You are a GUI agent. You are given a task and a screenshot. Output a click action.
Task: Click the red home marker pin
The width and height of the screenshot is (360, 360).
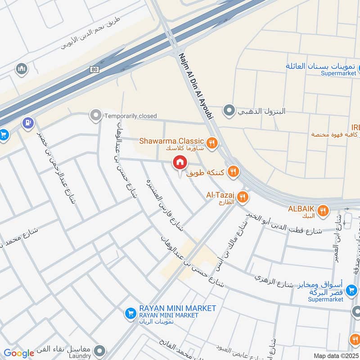180,162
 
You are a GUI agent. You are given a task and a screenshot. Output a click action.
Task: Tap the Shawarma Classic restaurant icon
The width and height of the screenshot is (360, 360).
212,144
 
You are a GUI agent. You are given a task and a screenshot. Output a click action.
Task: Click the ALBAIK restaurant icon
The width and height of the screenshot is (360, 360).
323,210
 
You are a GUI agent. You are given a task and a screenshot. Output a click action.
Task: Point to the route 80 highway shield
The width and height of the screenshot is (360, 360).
94,69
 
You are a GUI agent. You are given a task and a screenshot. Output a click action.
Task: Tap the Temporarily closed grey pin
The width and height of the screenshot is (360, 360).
95,116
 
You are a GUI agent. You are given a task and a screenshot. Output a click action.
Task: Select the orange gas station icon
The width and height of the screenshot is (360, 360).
28,122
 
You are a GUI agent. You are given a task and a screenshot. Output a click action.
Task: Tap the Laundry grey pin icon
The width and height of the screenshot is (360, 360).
100,350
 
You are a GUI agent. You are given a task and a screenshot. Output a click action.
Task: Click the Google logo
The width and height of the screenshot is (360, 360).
18,353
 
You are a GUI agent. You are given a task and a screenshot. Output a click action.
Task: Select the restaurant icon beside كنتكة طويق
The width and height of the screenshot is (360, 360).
233,171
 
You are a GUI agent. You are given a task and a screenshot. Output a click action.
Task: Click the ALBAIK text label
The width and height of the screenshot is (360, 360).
301,208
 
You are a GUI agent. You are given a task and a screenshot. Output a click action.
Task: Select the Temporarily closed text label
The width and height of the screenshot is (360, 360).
130,116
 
